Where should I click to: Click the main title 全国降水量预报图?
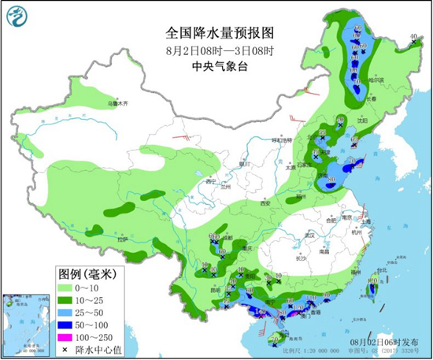tap(219, 34)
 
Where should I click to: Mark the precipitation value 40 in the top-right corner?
tap(413, 36)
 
